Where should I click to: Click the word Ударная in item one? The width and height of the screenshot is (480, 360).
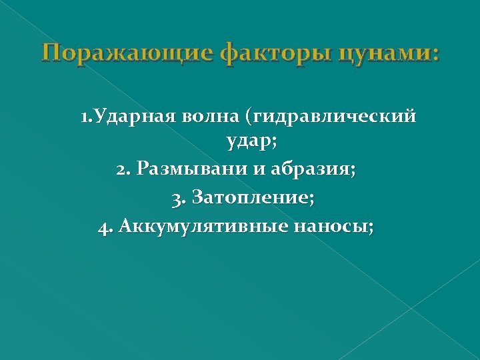(146, 117)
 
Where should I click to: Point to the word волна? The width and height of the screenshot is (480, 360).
(222, 117)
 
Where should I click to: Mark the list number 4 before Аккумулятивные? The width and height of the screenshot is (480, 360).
(103, 227)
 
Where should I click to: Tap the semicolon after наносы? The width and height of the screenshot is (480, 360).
(371, 227)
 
